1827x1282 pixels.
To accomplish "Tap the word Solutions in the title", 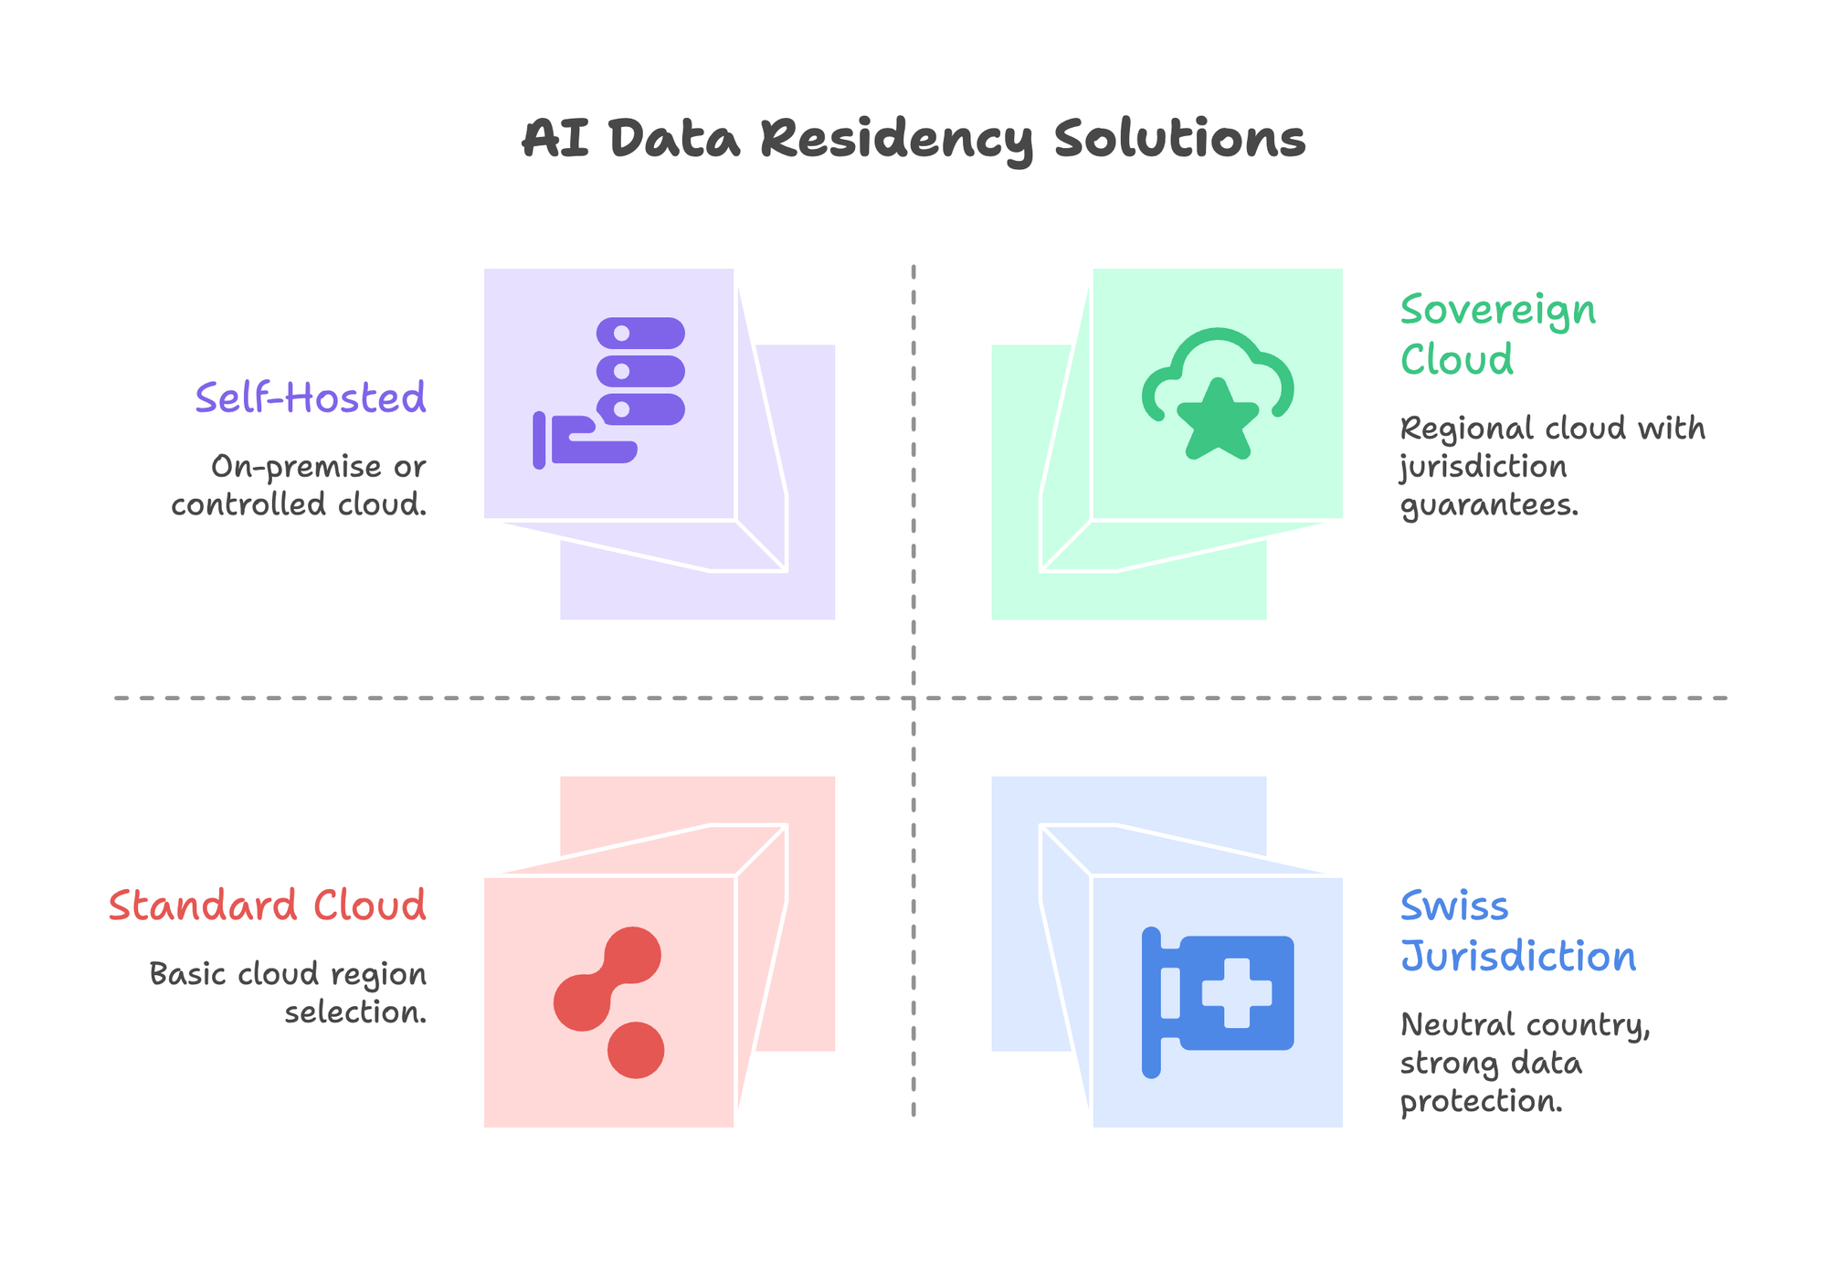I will [1179, 140].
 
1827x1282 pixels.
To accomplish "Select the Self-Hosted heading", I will [311, 398].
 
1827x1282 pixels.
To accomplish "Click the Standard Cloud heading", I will [267, 906].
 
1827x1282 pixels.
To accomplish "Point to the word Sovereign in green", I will [1498, 311].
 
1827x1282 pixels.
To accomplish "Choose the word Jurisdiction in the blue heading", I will [1518, 957].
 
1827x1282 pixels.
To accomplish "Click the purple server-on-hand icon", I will [608, 393].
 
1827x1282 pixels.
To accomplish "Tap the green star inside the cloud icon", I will [1218, 421].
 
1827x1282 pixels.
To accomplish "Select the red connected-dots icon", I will [608, 1001].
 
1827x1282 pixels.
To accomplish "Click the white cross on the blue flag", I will [1236, 992].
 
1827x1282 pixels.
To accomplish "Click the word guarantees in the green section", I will [1489, 505].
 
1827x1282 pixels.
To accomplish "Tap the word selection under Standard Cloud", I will [355, 1012].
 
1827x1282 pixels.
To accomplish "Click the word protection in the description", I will [1481, 1101].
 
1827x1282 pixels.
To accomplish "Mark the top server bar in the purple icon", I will [640, 333].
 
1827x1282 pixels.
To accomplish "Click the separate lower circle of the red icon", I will [636, 1050].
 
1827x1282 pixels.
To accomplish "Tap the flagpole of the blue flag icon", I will [1151, 1002].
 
